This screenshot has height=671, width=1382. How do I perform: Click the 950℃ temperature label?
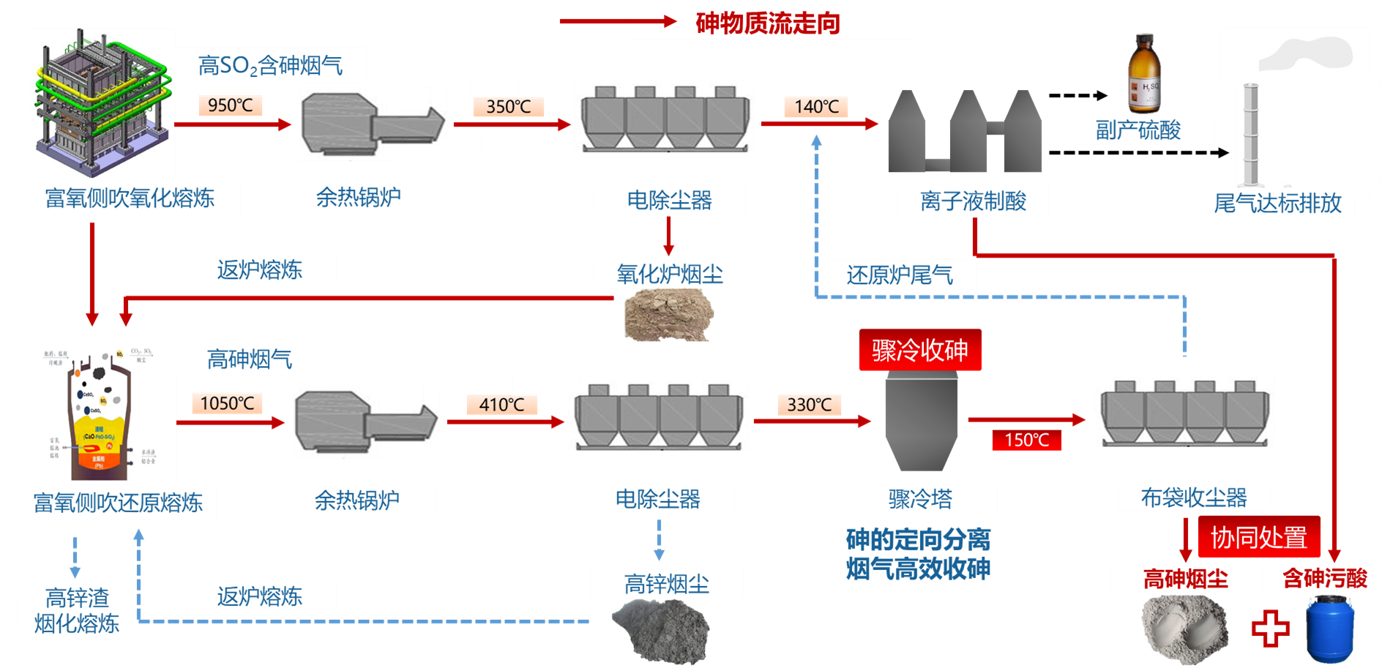230,105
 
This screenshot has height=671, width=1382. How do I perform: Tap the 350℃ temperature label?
508,107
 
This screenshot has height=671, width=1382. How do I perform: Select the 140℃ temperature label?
816,107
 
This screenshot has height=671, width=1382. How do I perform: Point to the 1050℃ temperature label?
227,403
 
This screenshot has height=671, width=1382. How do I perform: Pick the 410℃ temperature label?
501,405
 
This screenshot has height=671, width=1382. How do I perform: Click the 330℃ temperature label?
809,405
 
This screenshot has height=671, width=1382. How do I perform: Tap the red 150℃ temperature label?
1026,440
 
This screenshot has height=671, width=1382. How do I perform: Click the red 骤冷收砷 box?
919,351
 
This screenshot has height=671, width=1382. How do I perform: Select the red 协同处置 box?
1258,537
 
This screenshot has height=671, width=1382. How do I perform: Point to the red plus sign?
1270,628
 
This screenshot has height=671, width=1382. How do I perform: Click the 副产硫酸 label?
1138,130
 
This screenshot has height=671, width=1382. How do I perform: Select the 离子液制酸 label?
973,200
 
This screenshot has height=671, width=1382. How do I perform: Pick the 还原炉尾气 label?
900,275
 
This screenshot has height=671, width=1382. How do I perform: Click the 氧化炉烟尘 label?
669,274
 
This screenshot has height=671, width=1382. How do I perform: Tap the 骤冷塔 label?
920,499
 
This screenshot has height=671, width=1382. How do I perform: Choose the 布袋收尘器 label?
1193,498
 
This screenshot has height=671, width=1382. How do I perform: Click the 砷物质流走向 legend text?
767,23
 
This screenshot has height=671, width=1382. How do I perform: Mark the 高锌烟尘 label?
666,584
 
